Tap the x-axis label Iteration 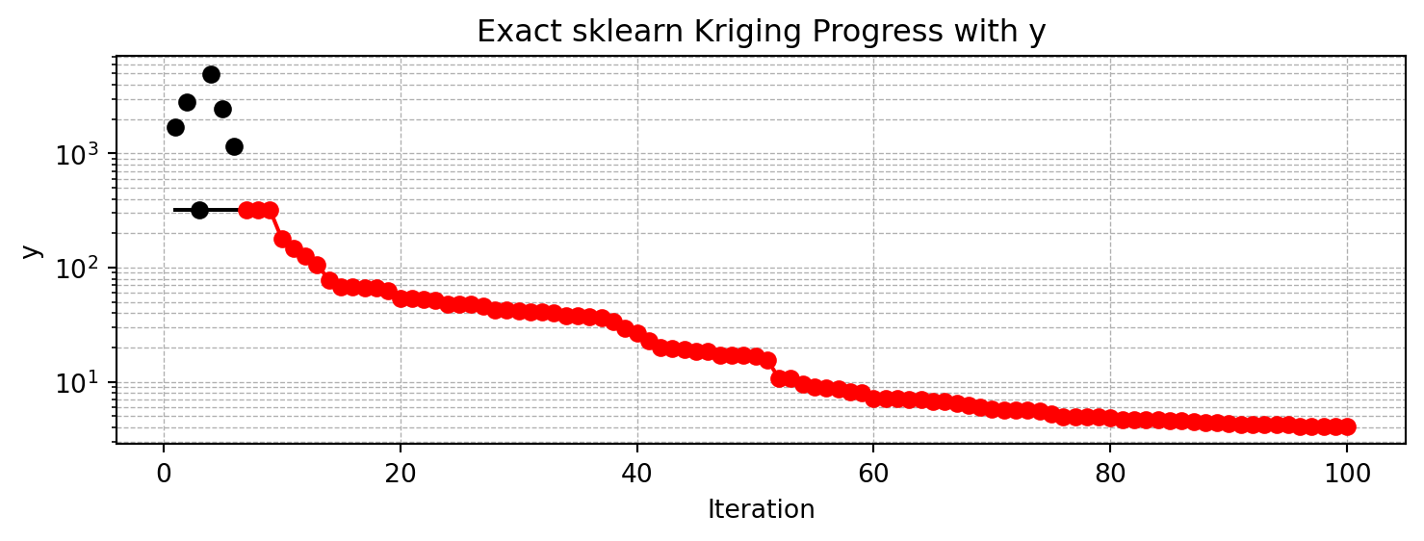761,509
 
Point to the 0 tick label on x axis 164,474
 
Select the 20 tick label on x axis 400,474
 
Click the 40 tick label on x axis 636,474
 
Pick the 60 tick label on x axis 873,474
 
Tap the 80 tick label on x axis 1109,474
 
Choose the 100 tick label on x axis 1346,474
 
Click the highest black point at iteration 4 211,74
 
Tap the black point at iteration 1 175,127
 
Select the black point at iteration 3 199,210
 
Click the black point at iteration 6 234,146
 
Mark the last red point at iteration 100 1346,426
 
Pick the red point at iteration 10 282,239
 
